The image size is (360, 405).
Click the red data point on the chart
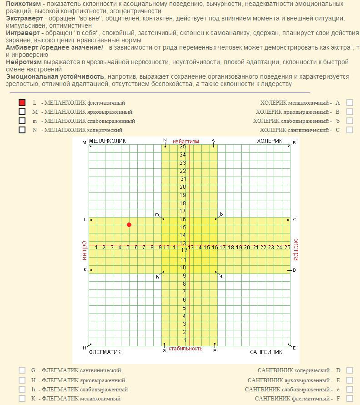tap(129, 225)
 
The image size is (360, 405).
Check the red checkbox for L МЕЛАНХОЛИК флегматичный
tap(22, 103)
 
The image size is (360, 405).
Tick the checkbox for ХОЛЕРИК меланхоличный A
tap(350, 103)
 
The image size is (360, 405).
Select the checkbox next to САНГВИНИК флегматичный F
tap(350, 398)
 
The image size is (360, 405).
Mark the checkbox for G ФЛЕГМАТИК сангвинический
tap(22, 370)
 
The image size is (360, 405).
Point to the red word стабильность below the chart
tap(185, 349)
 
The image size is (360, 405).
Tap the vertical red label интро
tap(84, 251)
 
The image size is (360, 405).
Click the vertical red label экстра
tap(295, 249)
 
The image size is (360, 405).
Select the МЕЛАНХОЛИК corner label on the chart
tap(107, 142)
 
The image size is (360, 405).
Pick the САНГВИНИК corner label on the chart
tap(266, 352)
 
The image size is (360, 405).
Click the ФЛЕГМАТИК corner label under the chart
tap(105, 352)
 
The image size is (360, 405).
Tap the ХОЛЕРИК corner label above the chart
tap(270, 142)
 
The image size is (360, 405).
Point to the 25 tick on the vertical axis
tap(183, 147)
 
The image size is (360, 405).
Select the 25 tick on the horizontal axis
tap(287, 248)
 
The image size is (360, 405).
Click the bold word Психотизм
tap(23, 4)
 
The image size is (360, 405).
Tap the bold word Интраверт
tap(23, 33)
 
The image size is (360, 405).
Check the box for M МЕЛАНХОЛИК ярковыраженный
tap(22, 112)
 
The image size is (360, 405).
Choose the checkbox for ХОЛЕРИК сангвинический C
tap(350, 130)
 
